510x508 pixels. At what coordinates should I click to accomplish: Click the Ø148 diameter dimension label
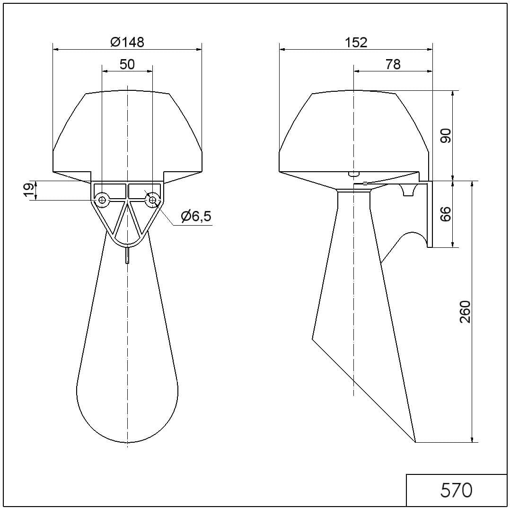(x=127, y=42)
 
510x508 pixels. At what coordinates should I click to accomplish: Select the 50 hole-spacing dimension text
(x=127, y=64)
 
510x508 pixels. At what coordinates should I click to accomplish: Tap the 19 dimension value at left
(x=29, y=190)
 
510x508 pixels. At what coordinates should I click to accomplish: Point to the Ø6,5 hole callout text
(x=196, y=216)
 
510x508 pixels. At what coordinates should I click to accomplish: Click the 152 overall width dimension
(x=356, y=42)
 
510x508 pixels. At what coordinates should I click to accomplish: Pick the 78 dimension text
(x=393, y=64)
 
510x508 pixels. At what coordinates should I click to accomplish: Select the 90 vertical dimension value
(x=446, y=136)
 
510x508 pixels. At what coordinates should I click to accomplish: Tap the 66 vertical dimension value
(x=446, y=214)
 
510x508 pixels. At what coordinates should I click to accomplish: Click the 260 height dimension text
(x=465, y=312)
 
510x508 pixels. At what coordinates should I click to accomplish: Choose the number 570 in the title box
(x=457, y=490)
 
